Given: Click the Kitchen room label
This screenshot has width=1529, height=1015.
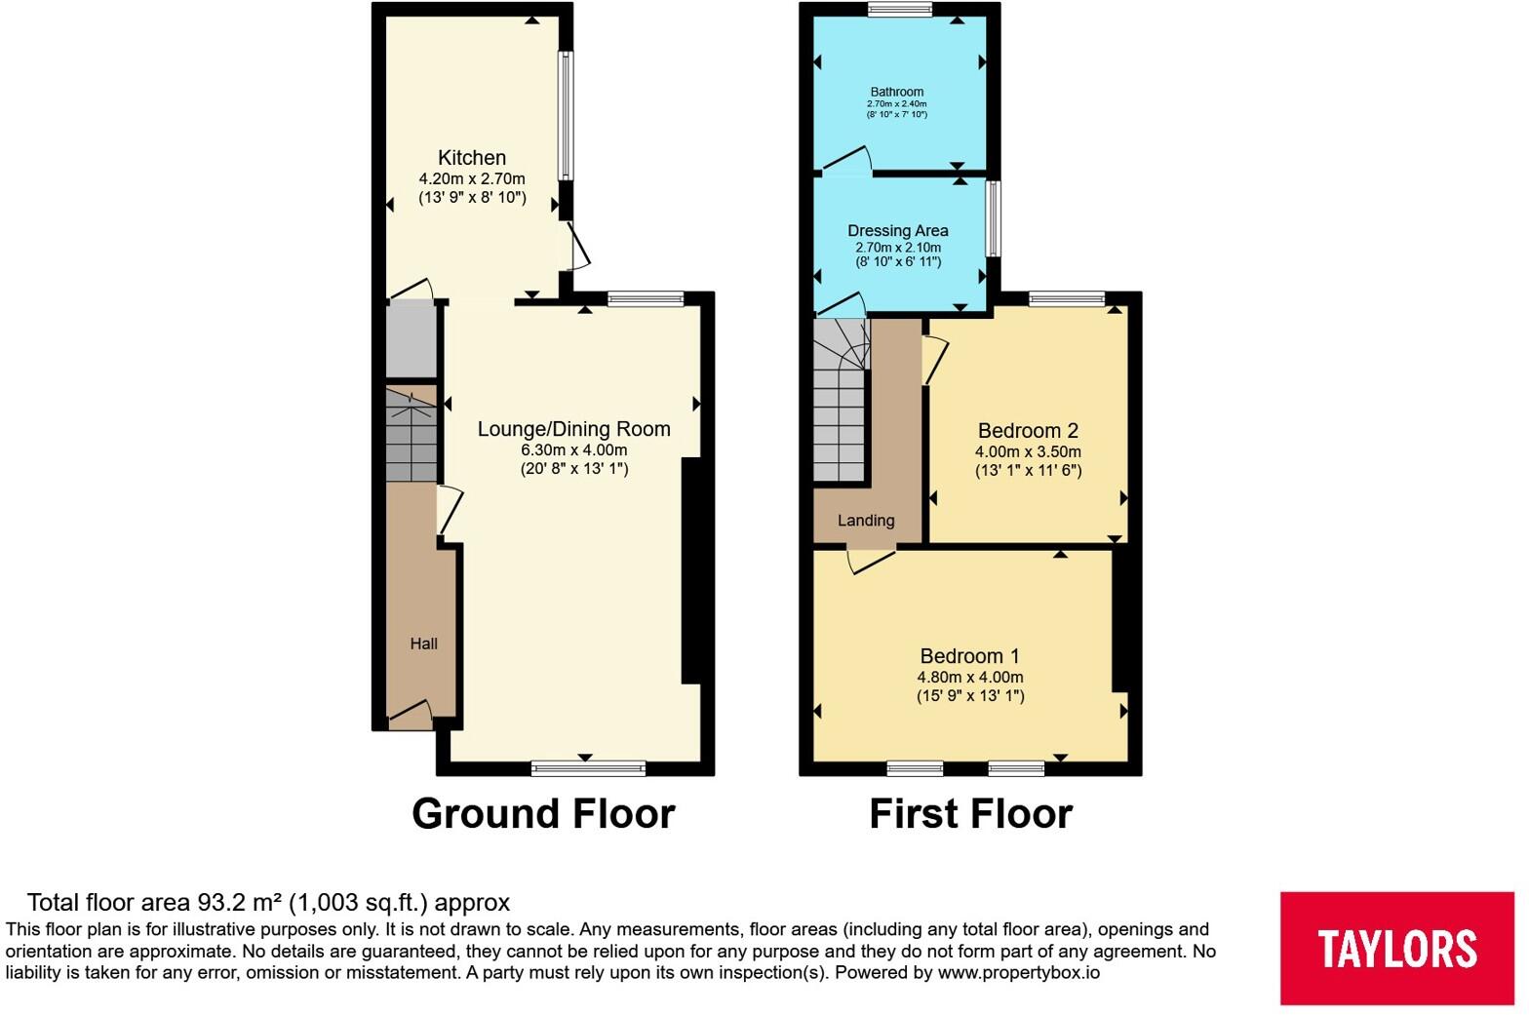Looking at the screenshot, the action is point(472,158).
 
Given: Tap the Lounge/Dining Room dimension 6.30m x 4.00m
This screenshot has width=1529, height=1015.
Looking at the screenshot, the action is point(574,450).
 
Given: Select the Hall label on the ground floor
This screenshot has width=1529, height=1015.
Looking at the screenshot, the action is point(424,644).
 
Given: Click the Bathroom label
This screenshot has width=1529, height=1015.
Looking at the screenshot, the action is point(897,92).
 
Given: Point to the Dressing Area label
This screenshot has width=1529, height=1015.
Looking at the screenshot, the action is point(897,231).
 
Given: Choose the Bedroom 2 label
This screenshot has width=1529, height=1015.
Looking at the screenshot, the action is point(1028,431).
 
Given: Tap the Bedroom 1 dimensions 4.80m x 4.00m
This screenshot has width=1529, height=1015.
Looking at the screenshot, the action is point(970,677).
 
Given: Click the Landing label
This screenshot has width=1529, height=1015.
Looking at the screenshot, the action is point(866,521).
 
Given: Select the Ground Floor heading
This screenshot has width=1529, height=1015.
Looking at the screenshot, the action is point(543,813).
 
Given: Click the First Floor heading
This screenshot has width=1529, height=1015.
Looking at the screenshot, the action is point(970,813).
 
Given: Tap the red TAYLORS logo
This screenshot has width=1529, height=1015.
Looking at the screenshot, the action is point(1396,948).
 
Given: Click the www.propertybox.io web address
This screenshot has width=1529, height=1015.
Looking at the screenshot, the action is point(1018,973).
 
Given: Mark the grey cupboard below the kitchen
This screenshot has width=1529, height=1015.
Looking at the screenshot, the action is point(411,340).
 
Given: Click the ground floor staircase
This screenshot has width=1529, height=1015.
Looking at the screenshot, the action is point(411,435).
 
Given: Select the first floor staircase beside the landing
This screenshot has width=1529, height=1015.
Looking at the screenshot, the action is point(841,402).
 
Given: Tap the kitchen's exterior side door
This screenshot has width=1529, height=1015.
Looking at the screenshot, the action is point(577,246).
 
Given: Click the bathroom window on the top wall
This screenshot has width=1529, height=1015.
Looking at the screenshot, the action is point(900,9).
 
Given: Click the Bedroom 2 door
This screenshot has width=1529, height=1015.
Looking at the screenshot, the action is point(934,360).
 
